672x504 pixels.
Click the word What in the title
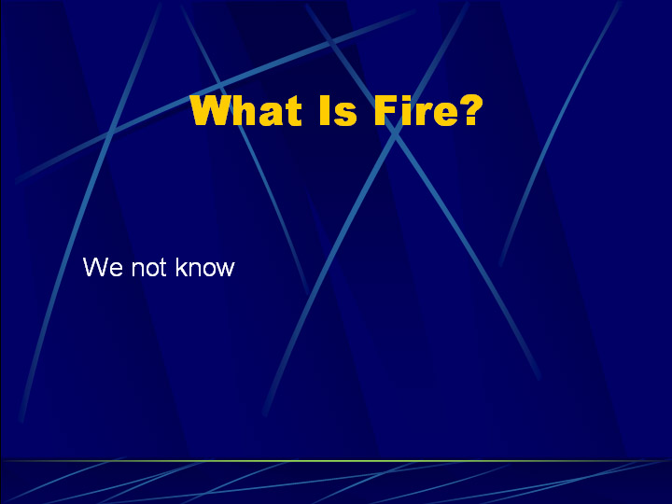click(x=246, y=110)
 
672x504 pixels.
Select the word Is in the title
click(x=339, y=110)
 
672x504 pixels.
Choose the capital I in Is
click(x=326, y=110)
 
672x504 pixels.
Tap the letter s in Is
click(x=346, y=115)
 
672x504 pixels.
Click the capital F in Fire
click(x=385, y=110)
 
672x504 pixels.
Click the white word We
click(x=103, y=267)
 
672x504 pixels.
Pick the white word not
click(x=148, y=268)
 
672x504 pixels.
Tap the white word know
click(x=205, y=267)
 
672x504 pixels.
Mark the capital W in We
click(x=97, y=267)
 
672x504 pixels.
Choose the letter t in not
click(x=162, y=268)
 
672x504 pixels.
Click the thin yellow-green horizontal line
click(x=336, y=461)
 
